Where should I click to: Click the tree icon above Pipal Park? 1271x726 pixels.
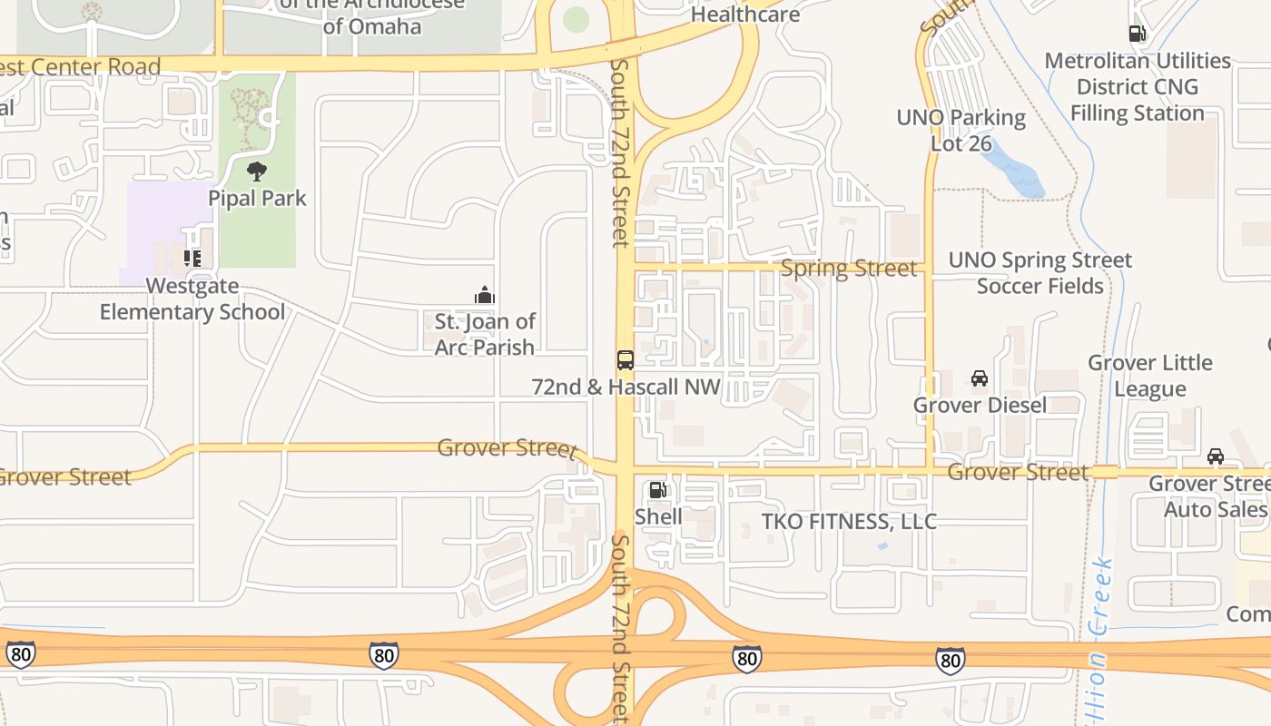pos(257,171)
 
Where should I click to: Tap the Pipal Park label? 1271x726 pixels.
pos(257,198)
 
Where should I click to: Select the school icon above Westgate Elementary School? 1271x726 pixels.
pos(192,259)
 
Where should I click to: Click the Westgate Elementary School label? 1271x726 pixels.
pos(192,299)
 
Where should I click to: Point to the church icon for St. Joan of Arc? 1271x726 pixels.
pos(484,295)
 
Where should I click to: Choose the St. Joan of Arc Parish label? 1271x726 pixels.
pos(484,334)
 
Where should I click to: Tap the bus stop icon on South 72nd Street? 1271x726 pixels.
pos(625,359)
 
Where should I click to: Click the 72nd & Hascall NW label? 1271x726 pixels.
pos(626,388)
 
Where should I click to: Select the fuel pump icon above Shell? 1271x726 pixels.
pos(657,490)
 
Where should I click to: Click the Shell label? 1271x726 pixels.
pos(658,516)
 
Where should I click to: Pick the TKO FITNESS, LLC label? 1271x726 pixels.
pos(849,522)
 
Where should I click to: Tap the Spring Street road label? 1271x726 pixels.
pos(849,269)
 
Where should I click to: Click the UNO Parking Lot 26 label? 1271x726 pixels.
pos(961,131)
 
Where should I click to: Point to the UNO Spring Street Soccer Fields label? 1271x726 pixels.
pos(1039,273)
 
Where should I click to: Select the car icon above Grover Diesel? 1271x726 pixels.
pos(979,378)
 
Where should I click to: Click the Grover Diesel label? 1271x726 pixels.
pos(980,405)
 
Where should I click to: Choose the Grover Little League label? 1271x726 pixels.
pos(1149,376)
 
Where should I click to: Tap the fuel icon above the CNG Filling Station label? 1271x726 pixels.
pos(1136,34)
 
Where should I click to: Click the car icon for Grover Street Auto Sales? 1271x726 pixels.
pos(1215,456)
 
